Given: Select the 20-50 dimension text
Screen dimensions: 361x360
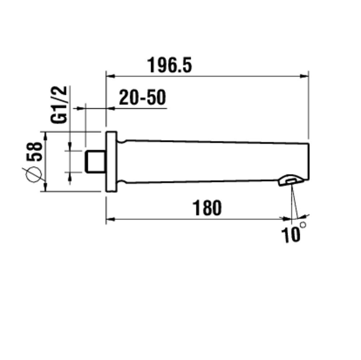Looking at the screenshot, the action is (142, 97).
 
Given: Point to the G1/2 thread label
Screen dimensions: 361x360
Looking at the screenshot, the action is (59, 105).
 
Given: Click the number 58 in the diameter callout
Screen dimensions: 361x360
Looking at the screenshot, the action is (35, 152).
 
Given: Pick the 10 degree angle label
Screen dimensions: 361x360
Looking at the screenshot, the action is (291, 235).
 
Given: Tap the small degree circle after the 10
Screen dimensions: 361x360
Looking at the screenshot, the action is (303, 224).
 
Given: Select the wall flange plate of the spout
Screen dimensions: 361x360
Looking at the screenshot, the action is (111, 161).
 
